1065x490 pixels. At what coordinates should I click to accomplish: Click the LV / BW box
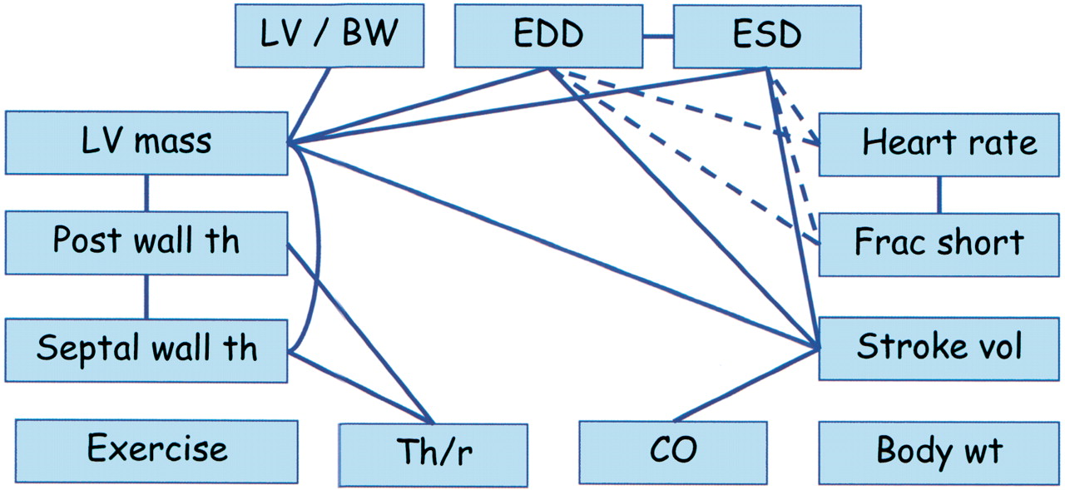(x=330, y=36)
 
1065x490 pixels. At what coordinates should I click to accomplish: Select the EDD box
(x=548, y=36)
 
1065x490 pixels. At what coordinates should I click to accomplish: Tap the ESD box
(x=765, y=36)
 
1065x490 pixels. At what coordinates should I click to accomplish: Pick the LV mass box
(x=146, y=142)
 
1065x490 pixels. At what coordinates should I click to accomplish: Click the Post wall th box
(x=146, y=241)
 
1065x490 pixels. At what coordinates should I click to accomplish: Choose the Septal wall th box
(x=146, y=348)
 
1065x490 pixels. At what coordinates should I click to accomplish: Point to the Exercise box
(x=156, y=449)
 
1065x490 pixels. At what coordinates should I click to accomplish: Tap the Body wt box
(x=939, y=452)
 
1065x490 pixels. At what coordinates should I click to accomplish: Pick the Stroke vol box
(x=939, y=347)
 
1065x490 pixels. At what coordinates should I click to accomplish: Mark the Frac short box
(x=939, y=243)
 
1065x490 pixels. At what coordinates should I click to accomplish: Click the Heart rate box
(x=939, y=143)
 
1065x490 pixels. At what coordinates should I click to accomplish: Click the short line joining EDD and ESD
(x=657, y=36)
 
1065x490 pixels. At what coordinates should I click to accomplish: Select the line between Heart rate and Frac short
(x=939, y=194)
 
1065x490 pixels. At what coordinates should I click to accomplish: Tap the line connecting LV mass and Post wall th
(x=146, y=192)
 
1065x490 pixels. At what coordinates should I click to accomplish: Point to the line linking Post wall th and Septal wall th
(x=146, y=297)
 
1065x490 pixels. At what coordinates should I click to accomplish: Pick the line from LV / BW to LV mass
(x=310, y=104)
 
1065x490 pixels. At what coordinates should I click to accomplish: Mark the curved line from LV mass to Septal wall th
(x=319, y=250)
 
